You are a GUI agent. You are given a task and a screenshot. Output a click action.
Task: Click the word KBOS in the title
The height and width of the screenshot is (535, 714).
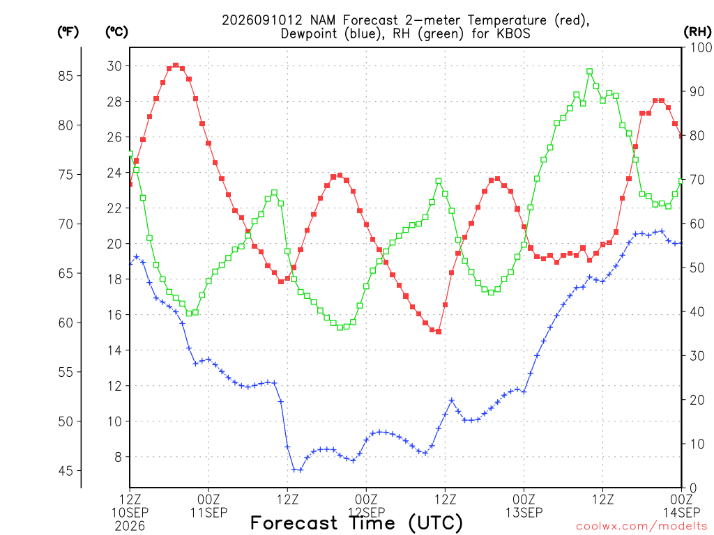[513, 33]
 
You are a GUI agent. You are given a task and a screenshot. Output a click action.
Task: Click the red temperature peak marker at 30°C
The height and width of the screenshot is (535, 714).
[176, 65]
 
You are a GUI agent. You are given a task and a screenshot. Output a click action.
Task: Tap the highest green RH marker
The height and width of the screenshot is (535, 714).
[590, 72]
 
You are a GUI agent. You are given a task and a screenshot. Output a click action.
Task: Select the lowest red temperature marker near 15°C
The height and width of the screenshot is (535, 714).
[439, 332]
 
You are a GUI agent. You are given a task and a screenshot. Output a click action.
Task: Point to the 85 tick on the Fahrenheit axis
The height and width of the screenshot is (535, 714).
[66, 76]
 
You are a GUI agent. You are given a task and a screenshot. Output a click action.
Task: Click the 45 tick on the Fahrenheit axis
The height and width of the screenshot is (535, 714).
[66, 471]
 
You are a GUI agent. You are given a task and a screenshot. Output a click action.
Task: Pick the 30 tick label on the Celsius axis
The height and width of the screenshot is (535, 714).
[114, 66]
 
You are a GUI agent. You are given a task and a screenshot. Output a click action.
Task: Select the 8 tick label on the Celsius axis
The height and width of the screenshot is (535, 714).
[118, 457]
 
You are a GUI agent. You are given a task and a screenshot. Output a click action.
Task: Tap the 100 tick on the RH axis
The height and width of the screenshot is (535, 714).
[701, 47]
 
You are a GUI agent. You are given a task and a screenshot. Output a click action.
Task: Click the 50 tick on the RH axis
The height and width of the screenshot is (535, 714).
[697, 267]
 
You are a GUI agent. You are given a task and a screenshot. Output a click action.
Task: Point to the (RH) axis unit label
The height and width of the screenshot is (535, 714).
[697, 32]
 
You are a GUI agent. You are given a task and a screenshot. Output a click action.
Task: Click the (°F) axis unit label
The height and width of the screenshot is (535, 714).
[68, 32]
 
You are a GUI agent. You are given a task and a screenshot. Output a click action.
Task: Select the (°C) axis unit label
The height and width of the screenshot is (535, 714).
[116, 32]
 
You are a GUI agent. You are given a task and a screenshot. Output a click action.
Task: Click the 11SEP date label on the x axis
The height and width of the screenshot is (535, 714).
[208, 513]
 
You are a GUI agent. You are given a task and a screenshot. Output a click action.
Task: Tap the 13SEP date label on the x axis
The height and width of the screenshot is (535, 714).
[524, 513]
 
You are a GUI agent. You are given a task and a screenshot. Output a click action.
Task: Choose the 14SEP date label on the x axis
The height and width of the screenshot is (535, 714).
[682, 513]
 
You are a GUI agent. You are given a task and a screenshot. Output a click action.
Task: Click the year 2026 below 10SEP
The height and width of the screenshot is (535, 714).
[130, 527]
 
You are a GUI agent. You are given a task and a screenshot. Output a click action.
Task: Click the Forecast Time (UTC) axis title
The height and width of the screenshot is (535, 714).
[356, 523]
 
